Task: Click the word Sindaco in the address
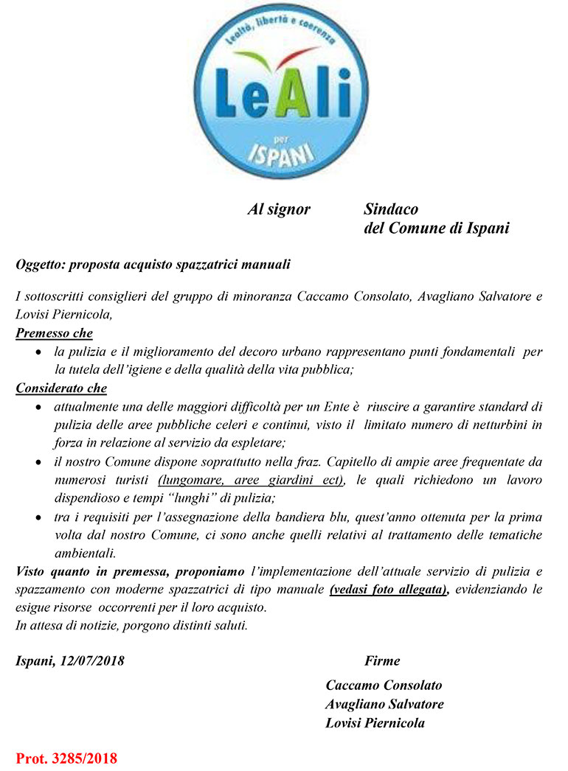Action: pos(391,210)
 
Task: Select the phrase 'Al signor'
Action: pos(279,210)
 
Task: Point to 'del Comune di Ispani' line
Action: pos(437,228)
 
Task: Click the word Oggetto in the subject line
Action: pos(40,263)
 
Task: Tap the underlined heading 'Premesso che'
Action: pos(54,334)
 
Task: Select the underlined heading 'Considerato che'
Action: pos(61,388)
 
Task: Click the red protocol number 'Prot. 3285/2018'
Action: pos(66,758)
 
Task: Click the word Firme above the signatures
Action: pos(382,660)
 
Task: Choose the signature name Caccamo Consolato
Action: pos(384,685)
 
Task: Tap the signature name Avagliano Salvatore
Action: pos(384,704)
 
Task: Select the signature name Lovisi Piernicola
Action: pos(375,723)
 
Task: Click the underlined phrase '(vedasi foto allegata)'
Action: pos(389,590)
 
